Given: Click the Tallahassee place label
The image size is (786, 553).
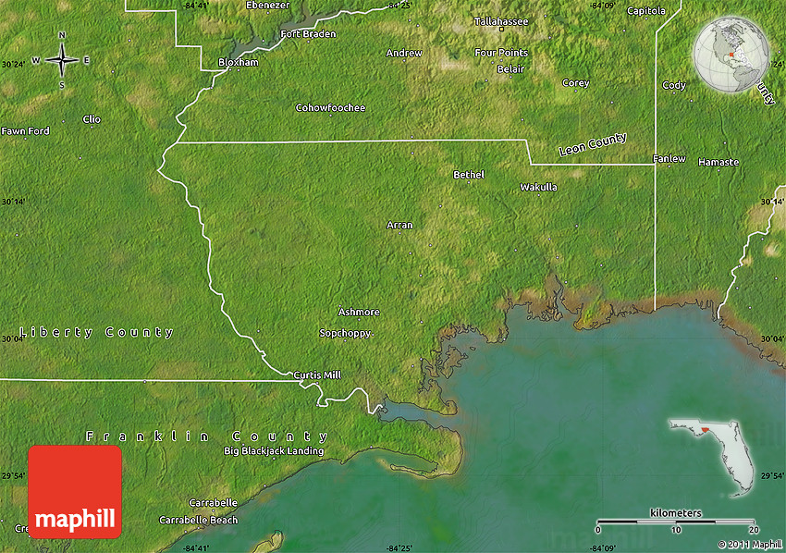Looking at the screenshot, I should [x=501, y=20].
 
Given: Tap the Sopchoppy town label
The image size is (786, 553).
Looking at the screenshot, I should [x=345, y=333].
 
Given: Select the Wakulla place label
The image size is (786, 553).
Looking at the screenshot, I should [x=538, y=187].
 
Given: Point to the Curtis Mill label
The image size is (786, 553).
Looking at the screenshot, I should [x=317, y=375].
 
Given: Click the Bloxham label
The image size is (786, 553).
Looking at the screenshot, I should [x=238, y=62].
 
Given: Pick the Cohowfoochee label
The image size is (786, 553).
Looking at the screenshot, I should [x=330, y=108].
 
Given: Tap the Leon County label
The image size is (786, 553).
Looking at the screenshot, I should [x=593, y=144].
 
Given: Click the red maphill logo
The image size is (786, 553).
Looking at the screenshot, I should [x=75, y=491].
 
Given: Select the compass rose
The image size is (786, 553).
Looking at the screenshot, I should [x=62, y=61].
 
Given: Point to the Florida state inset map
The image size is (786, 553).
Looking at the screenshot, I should [x=711, y=454].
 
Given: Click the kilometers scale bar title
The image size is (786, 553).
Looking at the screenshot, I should [x=675, y=512].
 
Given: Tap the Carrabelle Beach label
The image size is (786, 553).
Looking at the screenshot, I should [x=198, y=520].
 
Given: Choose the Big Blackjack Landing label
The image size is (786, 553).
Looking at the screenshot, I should [x=274, y=451].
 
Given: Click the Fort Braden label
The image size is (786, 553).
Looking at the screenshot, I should [x=308, y=34].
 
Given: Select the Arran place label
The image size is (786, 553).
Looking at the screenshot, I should [x=399, y=225].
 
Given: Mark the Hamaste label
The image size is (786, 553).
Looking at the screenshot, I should [x=718, y=162].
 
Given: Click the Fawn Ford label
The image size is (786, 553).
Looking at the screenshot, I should [x=25, y=131].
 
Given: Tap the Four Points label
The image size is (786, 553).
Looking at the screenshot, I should [x=501, y=53].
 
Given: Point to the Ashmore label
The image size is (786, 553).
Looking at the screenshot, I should [x=359, y=312].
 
